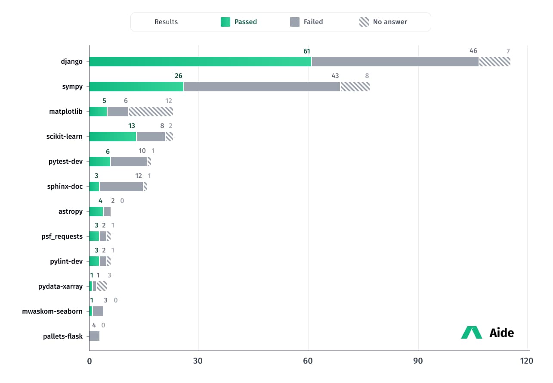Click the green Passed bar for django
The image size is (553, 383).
pyautogui.click(x=200, y=62)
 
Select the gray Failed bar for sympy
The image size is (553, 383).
pyautogui.click(x=262, y=87)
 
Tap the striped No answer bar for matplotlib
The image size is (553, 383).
pyautogui.click(x=151, y=112)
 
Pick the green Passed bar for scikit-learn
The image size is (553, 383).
pyautogui.click(x=113, y=137)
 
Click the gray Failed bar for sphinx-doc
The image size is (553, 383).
pyautogui.click(x=121, y=187)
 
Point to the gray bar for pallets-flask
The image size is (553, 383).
pyautogui.click(x=94, y=336)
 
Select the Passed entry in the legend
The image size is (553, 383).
pyautogui.click(x=239, y=22)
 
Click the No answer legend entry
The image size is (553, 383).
pyautogui.click(x=383, y=22)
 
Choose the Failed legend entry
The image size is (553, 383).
pyautogui.click(x=306, y=22)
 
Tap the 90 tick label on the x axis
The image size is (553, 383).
pyautogui.click(x=418, y=361)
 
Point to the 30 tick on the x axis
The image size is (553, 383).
pyautogui.click(x=198, y=361)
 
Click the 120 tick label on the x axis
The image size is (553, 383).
pyautogui.click(x=526, y=361)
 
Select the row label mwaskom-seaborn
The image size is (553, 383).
pyautogui.click(x=53, y=311)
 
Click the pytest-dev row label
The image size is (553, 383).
pyautogui.click(x=65, y=162)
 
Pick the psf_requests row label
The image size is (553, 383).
pyautogui.click(x=63, y=237)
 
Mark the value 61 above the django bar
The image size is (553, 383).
pyautogui.click(x=307, y=51)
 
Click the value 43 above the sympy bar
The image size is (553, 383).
pyautogui.click(x=335, y=76)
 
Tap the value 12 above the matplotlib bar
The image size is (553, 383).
pyautogui.click(x=169, y=101)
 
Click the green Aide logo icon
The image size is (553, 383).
pyautogui.click(x=472, y=333)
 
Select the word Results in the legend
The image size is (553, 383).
pyautogui.click(x=166, y=22)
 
